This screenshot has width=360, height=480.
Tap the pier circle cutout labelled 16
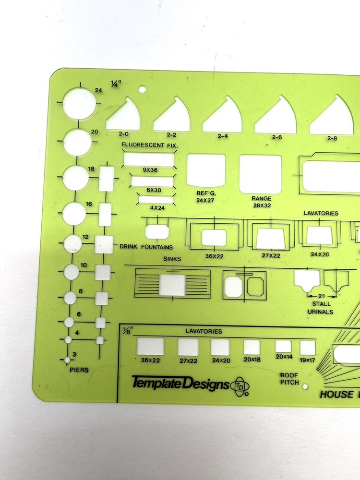pos(74,214)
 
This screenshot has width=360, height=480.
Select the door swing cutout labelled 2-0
pos(123,114)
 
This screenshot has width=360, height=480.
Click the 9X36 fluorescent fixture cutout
pos(149,160)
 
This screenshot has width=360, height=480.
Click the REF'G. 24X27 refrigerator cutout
pos(206,170)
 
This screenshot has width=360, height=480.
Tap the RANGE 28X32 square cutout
pos(261,174)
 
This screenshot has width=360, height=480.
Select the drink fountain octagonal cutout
pos(157,232)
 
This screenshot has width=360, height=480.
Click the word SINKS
pos(172,259)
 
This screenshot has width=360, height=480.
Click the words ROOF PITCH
pos(289,379)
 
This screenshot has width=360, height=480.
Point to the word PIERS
pos(79,370)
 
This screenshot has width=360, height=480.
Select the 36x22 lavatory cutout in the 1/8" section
pos(150,346)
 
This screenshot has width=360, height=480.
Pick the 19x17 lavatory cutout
pos(308,348)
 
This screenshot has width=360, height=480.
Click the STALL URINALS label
pos(321,308)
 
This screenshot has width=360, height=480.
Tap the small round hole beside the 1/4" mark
pos(142,89)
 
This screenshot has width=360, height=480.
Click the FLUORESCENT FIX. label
pos(150,145)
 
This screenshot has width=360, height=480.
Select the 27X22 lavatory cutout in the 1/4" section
pos(271,239)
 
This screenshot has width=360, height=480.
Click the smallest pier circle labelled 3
pos(67,360)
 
